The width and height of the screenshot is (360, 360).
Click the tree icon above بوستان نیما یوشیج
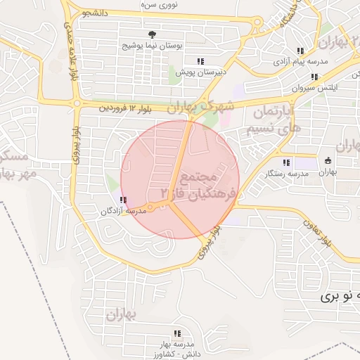pos(151,34)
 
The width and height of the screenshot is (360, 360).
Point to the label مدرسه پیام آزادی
pos(300,61)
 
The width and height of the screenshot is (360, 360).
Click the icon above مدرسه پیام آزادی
pos(300,51)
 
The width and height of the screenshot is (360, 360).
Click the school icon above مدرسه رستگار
pos(285,162)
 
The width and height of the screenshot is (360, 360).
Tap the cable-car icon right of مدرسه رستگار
pos(328,160)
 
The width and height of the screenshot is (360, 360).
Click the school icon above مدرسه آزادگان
pos(124,200)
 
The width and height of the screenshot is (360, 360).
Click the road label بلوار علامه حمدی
pos(70,49)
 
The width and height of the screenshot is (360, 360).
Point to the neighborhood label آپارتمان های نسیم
pos(271,120)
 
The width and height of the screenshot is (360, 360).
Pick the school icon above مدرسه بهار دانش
pos(177,333)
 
